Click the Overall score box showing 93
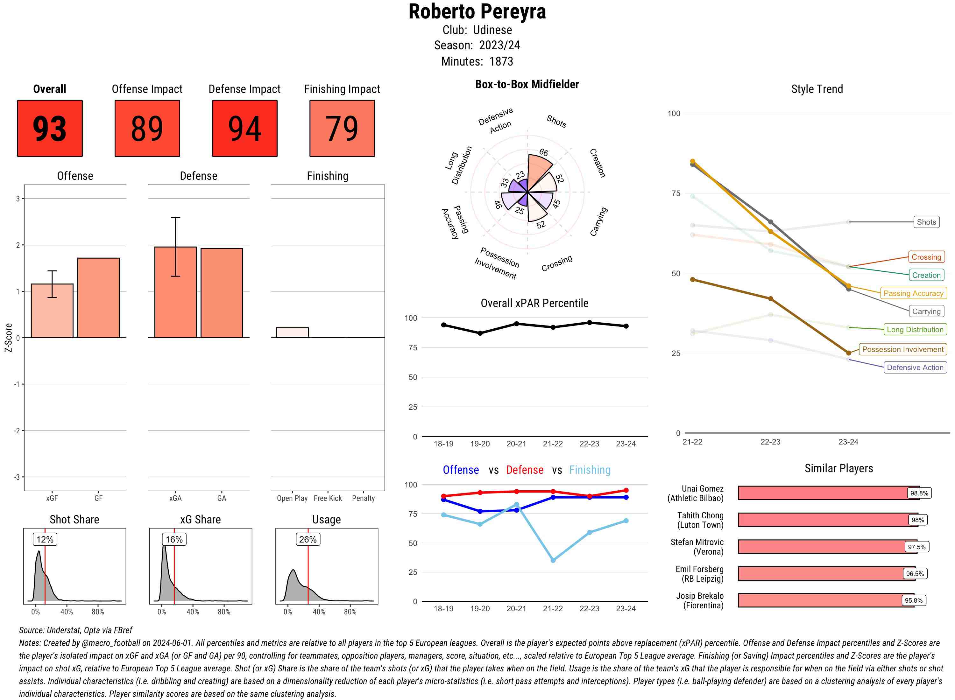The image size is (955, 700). tap(50, 129)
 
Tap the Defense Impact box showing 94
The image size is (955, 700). tap(244, 129)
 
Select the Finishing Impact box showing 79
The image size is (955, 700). tap(342, 129)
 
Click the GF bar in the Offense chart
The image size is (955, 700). tap(98, 297)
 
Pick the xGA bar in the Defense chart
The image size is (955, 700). tap(175, 292)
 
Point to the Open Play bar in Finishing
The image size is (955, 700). tap(292, 332)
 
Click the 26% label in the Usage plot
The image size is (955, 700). tap(308, 539)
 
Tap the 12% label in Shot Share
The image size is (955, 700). tap(45, 539)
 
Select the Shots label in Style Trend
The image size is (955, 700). tap(926, 222)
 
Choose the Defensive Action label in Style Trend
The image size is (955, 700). tap(915, 367)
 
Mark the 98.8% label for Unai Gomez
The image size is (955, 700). tap(919, 493)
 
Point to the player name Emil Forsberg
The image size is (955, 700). tap(699, 569)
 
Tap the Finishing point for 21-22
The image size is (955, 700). tap(553, 560)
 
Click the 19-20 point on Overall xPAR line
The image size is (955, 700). tap(480, 333)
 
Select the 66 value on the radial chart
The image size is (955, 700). tap(544, 152)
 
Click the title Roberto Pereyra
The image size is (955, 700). tap(477, 11)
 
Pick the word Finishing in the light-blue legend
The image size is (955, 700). tap(590, 470)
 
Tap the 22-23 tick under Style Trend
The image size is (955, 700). tap(770, 442)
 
